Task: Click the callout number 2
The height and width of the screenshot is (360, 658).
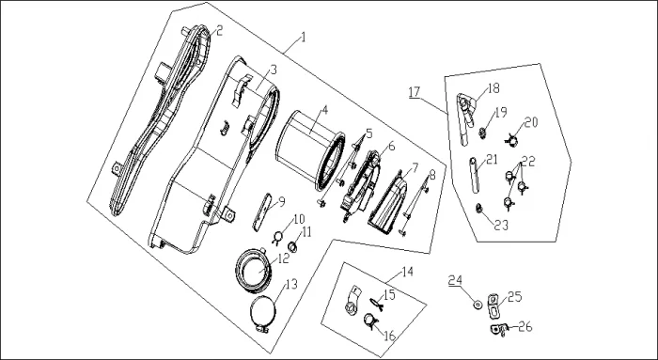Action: click(x=219, y=30)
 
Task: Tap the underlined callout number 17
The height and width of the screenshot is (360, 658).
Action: click(x=415, y=92)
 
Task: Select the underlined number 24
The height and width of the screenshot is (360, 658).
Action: click(x=455, y=280)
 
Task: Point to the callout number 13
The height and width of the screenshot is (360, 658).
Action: click(x=291, y=284)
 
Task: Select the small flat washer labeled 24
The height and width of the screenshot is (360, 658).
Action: click(x=478, y=305)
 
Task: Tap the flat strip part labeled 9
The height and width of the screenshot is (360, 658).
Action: click(x=262, y=212)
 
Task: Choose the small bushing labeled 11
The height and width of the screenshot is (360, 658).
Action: click(x=292, y=247)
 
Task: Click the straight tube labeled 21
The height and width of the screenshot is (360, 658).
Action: click(x=475, y=175)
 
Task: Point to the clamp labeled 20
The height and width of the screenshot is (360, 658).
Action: click(x=511, y=141)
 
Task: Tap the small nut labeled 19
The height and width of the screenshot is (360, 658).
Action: click(x=482, y=133)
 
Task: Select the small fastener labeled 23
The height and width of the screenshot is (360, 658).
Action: click(x=478, y=208)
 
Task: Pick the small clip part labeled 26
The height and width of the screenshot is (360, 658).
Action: click(x=499, y=329)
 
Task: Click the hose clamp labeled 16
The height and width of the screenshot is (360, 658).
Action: click(x=370, y=321)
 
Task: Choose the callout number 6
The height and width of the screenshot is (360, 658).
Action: click(x=392, y=147)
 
